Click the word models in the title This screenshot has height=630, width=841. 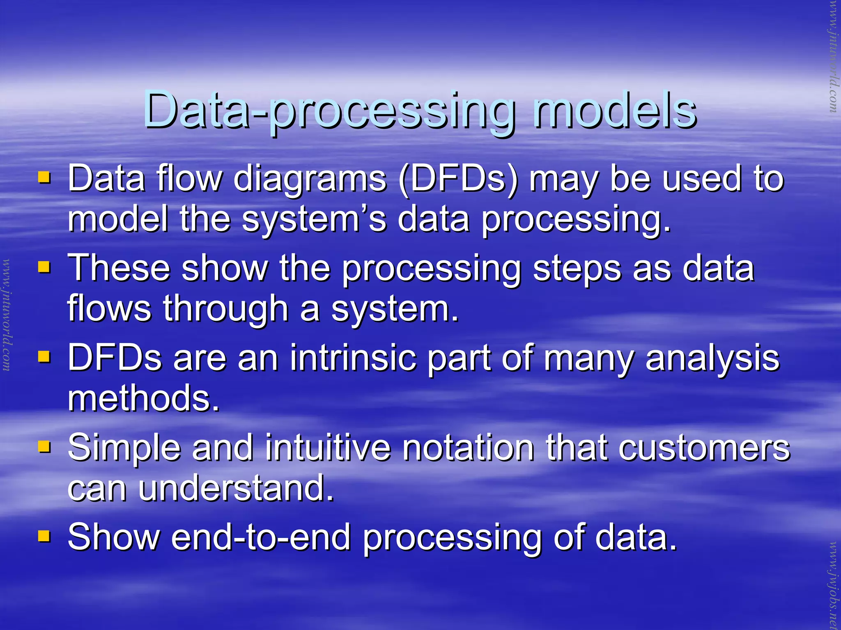coord(614,110)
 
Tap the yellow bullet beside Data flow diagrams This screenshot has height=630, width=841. coord(44,178)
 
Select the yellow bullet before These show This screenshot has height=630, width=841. coord(44,268)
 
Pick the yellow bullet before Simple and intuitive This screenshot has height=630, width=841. coord(44,446)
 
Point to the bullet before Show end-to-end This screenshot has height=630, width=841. coord(44,536)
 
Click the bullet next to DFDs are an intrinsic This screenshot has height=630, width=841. coord(44,357)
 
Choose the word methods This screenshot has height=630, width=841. coord(143,398)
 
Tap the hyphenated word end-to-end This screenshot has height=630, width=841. coord(260,537)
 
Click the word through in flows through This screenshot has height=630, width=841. coord(225,309)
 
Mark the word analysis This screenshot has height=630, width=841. coord(712,359)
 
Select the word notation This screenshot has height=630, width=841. coord(468,448)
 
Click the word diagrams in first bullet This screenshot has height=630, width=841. coord(310,179)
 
